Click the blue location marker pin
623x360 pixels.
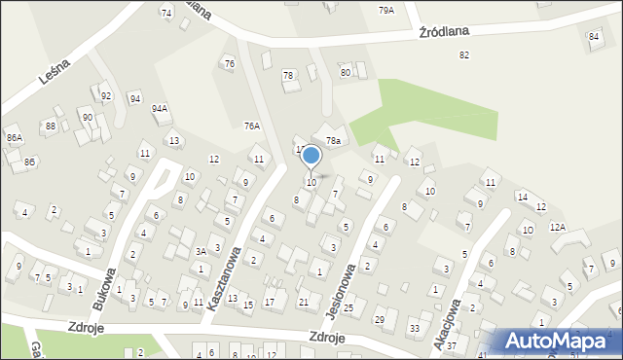click(x=311, y=157)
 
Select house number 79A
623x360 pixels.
click(x=386, y=10)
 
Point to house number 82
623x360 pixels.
click(x=464, y=54)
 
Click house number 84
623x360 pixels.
click(x=594, y=36)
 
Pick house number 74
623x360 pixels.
click(x=166, y=13)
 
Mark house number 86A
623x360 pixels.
click(x=14, y=138)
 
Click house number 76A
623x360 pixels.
click(x=252, y=126)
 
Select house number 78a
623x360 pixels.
click(x=333, y=141)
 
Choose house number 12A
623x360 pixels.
click(x=558, y=227)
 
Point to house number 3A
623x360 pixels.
click(x=200, y=251)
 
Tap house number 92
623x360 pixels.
click(x=106, y=96)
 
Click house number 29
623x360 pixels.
click(x=380, y=319)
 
